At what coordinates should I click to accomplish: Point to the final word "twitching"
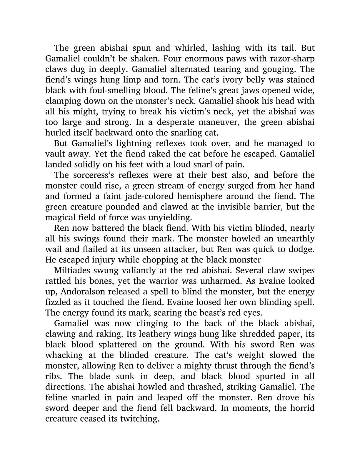click(139, 419)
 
